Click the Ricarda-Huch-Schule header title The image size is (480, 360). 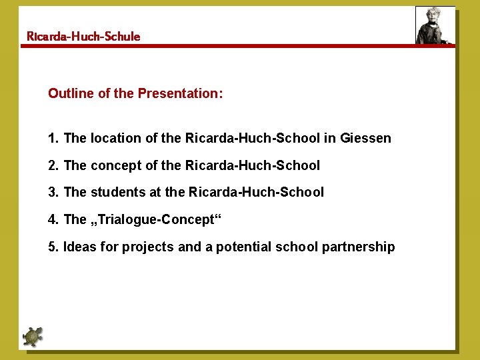click(83, 37)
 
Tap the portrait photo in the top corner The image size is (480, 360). click(434, 26)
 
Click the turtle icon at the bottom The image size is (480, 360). click(32, 337)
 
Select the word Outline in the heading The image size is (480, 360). click(71, 94)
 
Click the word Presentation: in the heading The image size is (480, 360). click(180, 94)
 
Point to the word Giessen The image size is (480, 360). click(365, 139)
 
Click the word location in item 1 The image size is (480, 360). click(115, 139)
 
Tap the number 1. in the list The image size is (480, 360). click(53, 139)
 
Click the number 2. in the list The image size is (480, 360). click(53, 165)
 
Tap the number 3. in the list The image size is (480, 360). click(53, 193)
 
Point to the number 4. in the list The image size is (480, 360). click(53, 220)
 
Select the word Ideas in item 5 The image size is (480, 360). click(79, 247)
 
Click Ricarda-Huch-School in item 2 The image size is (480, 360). click(253, 165)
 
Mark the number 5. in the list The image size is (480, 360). click(53, 247)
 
